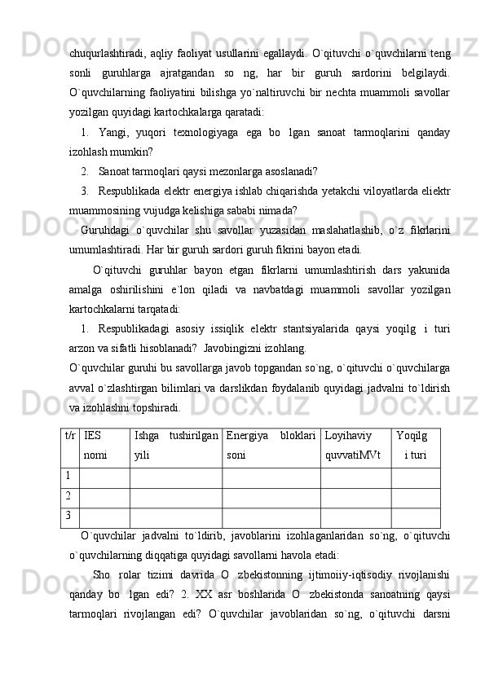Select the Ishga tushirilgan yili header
174,445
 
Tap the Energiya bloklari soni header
271,445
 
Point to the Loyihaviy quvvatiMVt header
355,445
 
